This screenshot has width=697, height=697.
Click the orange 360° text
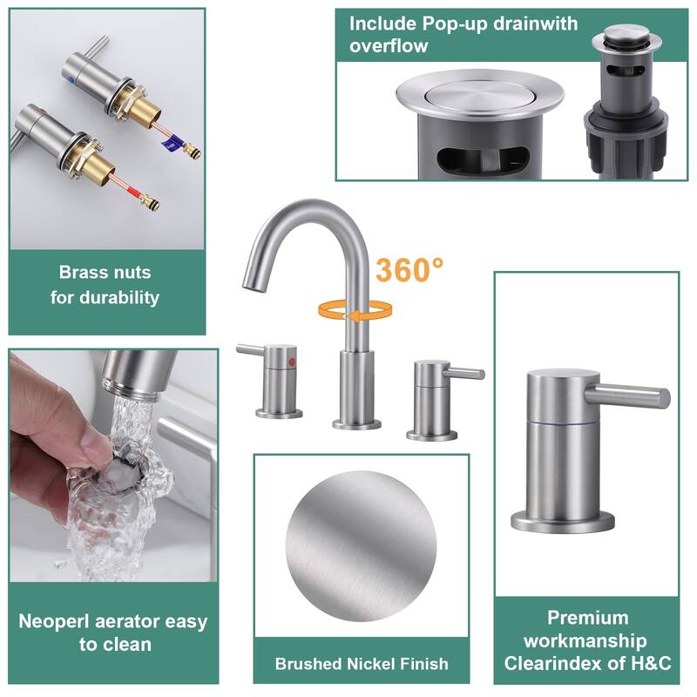click(409, 270)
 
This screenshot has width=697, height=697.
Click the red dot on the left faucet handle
click(292, 362)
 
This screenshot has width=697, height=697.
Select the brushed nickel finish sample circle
click(361, 546)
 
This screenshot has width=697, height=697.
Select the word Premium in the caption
click(587, 618)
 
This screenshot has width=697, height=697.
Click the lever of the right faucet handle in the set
click(464, 373)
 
